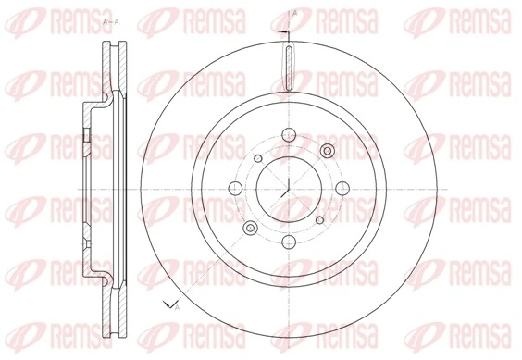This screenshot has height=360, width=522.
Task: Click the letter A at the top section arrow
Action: click(294, 13)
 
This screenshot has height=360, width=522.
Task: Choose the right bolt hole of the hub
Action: click(345, 190)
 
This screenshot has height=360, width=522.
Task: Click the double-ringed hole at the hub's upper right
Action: click(326, 151)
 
